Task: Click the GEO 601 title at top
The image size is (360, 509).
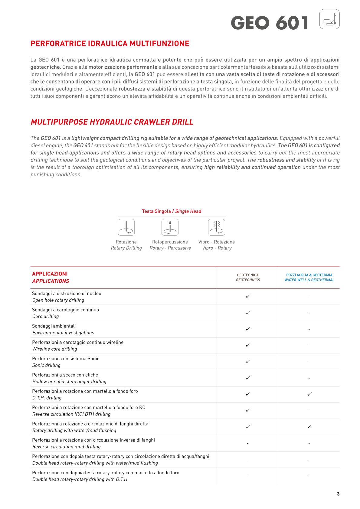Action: [x=270, y=23]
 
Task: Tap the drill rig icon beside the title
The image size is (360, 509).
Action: [x=329, y=19]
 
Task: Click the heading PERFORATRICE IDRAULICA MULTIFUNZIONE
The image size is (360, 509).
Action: [x=110, y=44]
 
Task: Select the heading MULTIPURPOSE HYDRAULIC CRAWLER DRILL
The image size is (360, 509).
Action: [x=112, y=122]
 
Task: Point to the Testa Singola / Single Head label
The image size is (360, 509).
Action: [x=172, y=211]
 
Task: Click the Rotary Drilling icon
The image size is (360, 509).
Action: [x=126, y=227]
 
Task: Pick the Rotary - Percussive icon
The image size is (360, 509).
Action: [x=170, y=227]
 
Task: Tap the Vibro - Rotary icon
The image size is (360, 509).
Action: [x=217, y=227]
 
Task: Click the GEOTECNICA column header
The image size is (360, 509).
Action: [x=248, y=277]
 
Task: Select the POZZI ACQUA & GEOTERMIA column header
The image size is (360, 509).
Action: [x=309, y=277]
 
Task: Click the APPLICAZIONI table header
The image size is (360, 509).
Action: [x=50, y=277]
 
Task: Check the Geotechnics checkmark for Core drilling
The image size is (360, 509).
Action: [x=248, y=313]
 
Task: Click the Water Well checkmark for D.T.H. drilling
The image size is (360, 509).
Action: [x=309, y=394]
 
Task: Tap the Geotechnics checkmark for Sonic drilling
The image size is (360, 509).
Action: [x=248, y=362]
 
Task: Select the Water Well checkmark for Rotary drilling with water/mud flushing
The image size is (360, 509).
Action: [x=309, y=427]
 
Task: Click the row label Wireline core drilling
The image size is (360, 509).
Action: [x=54, y=349]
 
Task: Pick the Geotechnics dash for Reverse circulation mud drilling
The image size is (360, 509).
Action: [x=247, y=444]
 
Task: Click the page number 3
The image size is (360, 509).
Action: [x=338, y=494]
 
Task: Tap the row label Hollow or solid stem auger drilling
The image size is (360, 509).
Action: [x=69, y=382]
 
